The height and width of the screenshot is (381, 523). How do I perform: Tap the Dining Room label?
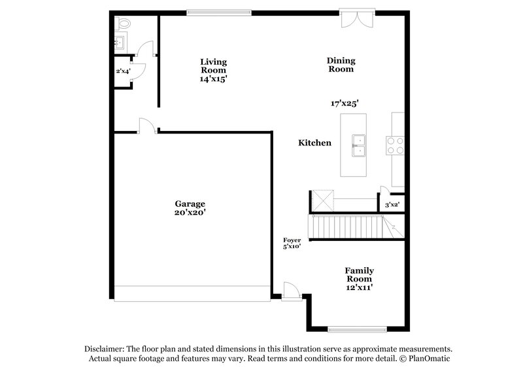coord(341,65)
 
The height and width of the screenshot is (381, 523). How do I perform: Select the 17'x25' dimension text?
coord(345,103)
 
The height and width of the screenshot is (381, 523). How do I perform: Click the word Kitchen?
coord(315,143)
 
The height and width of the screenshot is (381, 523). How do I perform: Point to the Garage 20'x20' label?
coord(190,208)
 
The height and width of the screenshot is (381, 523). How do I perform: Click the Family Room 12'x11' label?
coord(360,279)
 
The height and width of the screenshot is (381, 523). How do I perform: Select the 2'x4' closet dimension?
coord(124,71)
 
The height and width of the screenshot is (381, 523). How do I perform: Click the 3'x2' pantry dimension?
coord(392,205)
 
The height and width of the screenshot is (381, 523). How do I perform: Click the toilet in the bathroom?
coord(123,24)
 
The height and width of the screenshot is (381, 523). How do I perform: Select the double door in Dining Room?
coord(357,19)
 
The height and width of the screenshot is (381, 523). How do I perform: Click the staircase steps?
coord(346,227)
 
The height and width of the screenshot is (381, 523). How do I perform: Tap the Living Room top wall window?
coord(219,11)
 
